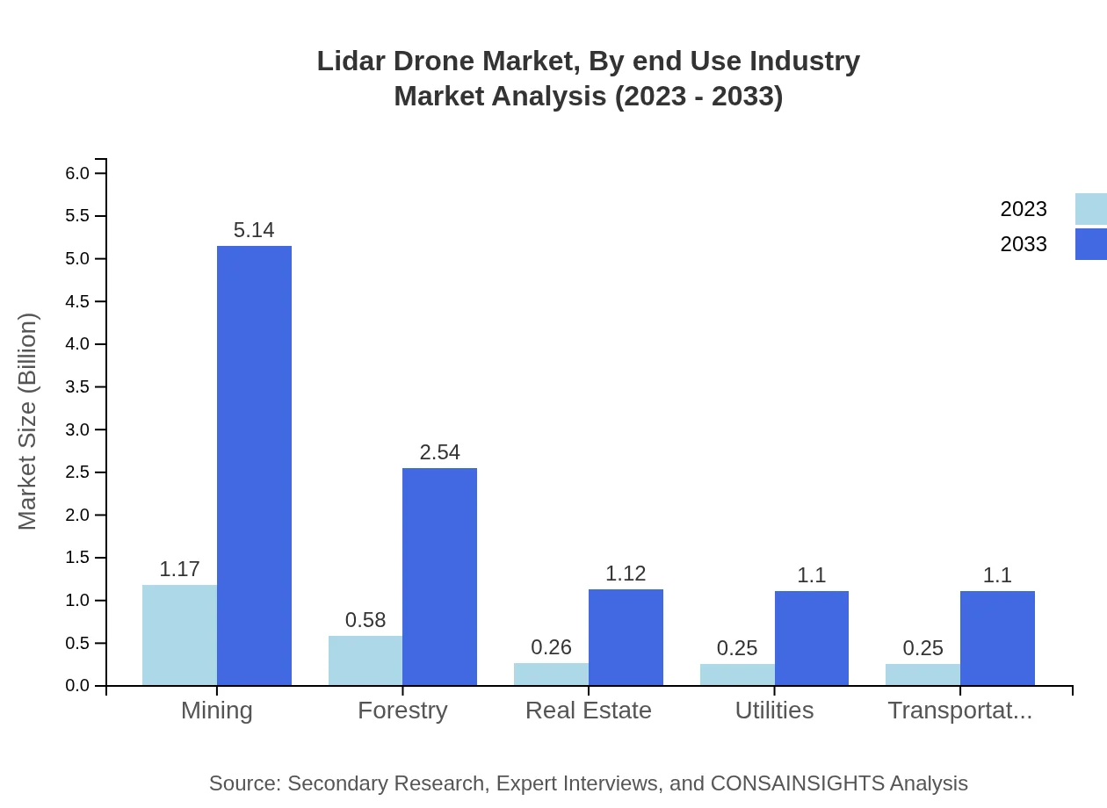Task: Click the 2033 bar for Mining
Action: (254, 465)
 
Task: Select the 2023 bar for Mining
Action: (179, 635)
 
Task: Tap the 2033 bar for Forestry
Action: (439, 576)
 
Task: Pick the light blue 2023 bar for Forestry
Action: (365, 660)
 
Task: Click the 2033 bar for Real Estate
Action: (626, 637)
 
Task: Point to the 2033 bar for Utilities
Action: (811, 638)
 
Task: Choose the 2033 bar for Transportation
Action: (997, 638)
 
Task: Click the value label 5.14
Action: (254, 230)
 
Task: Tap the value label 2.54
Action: (439, 452)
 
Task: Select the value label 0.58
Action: (365, 620)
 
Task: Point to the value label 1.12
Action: (626, 574)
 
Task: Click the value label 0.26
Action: (551, 647)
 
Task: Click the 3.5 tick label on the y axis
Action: (78, 387)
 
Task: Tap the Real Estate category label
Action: (588, 711)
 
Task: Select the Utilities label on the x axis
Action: (774, 711)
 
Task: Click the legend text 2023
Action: (1024, 209)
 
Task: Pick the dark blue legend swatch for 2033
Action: (1090, 244)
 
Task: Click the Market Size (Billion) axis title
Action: (28, 422)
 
